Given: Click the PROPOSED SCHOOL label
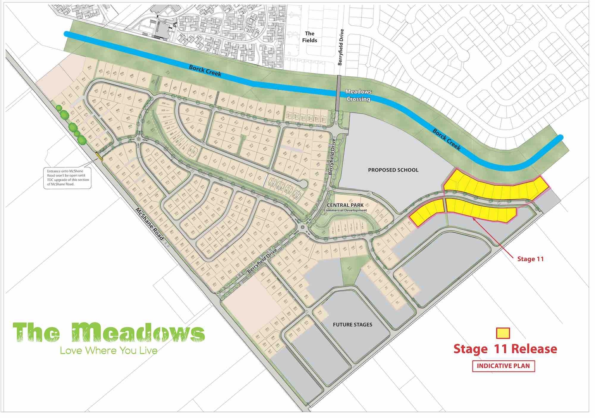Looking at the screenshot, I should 393,170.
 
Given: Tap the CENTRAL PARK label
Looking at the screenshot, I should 345,205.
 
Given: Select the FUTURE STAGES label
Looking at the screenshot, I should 352,325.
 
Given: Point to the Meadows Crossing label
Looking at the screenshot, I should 358,95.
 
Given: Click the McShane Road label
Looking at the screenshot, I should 150,224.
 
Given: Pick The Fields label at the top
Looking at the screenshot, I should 310,37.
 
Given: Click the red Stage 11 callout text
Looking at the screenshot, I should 530,259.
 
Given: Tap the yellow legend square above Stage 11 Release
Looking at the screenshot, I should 503,333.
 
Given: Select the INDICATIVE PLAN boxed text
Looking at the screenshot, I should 503,366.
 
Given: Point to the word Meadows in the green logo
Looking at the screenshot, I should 138,333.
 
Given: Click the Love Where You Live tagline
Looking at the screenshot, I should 108,351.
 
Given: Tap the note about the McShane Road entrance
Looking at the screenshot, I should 68,178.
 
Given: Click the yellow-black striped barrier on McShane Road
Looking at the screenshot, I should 99,157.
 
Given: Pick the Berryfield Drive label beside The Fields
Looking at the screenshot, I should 340,47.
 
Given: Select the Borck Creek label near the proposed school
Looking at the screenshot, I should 447,139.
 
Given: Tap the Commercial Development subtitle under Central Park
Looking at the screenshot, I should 345,211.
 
